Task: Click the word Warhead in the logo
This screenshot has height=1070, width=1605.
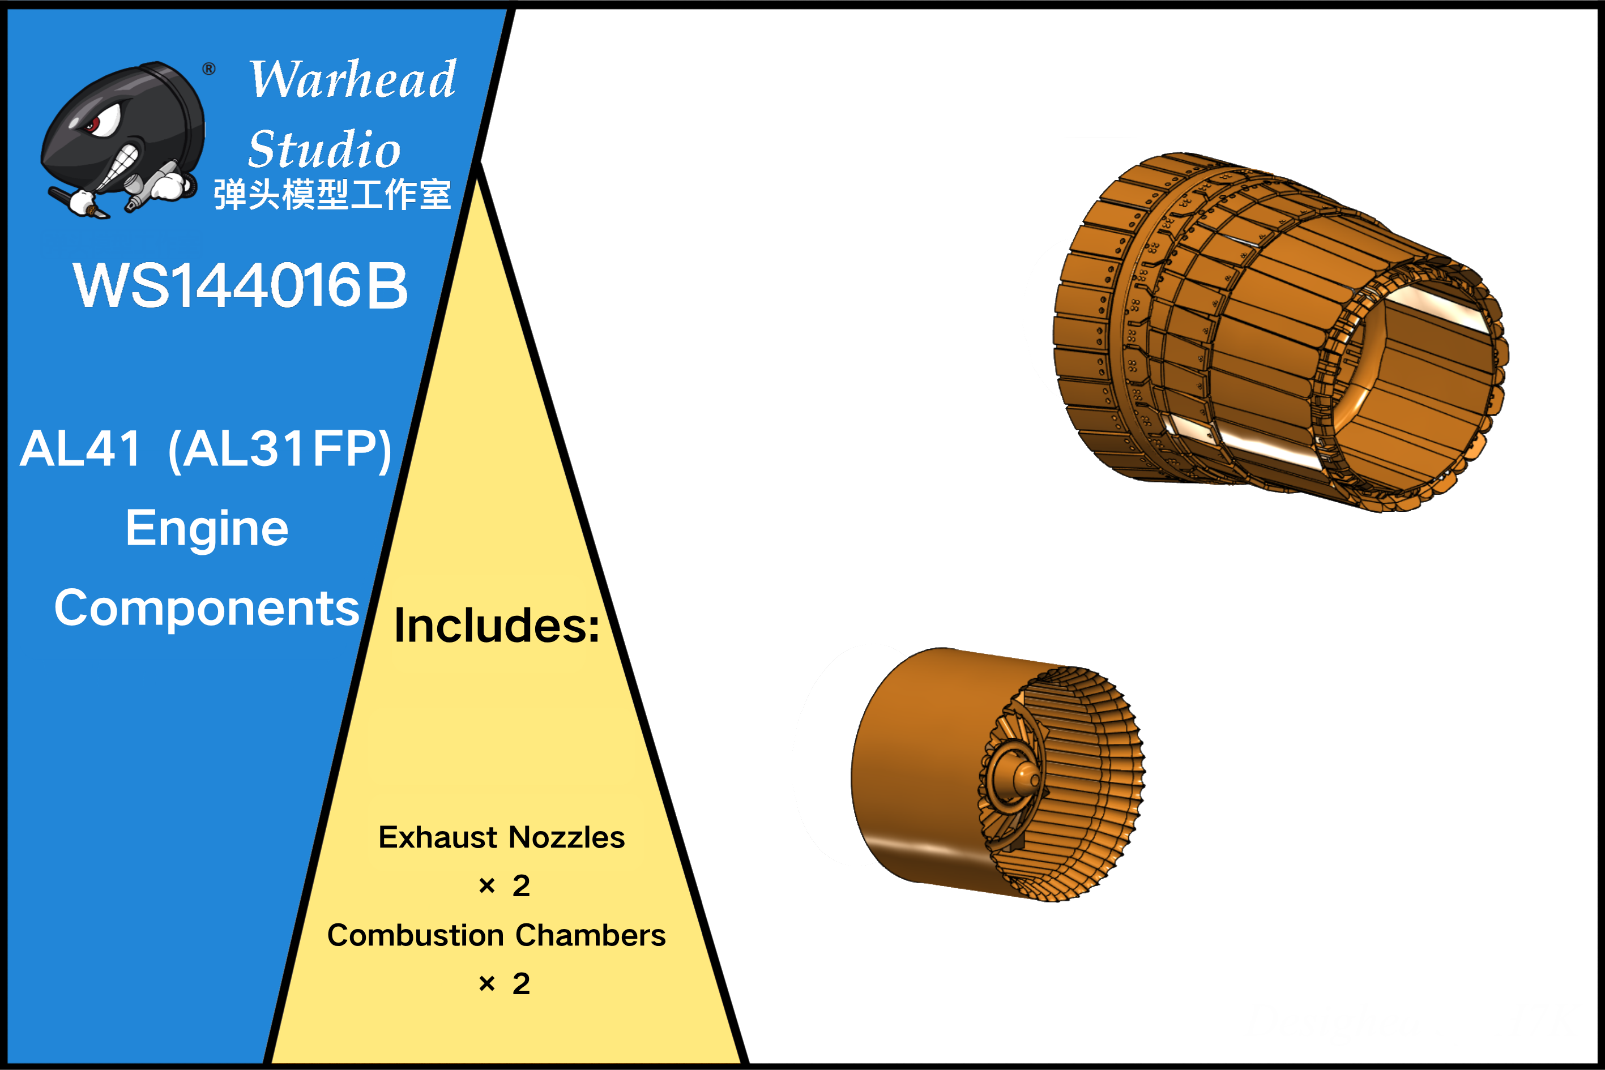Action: pos(352,79)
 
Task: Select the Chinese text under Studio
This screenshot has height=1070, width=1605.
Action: pos(332,195)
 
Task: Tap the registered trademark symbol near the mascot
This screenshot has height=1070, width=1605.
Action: pos(209,69)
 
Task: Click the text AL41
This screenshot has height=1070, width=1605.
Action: pos(81,449)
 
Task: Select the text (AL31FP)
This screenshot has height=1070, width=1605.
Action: pos(280,450)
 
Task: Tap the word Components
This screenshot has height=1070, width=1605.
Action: pos(207,609)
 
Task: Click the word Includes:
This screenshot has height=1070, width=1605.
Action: pos(497,625)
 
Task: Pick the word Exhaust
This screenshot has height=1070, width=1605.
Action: pos(438,837)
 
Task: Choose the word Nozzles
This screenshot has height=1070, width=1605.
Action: pos(567,837)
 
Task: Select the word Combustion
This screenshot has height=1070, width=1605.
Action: pos(416,935)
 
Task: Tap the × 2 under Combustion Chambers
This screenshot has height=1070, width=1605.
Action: pos(505,983)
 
